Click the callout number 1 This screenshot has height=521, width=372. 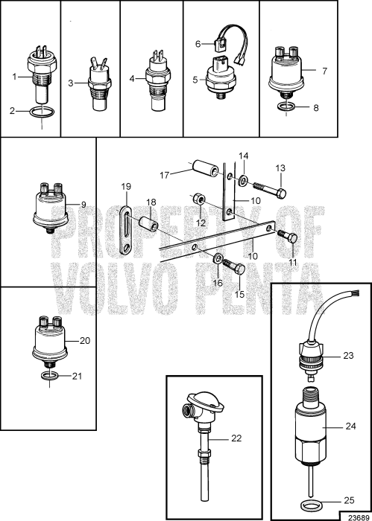click(14, 76)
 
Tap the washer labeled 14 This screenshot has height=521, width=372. click(244, 179)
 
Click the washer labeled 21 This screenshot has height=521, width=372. click(51, 377)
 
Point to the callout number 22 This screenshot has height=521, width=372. click(236, 438)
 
